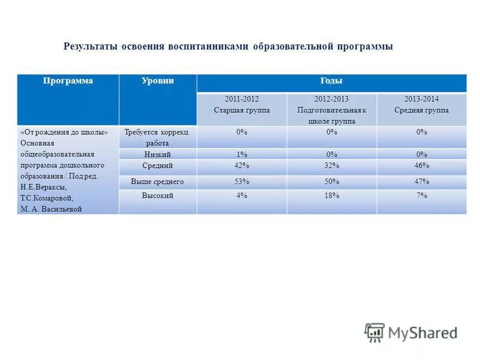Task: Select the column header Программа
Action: pyautogui.click(x=67, y=81)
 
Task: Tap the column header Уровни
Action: pyautogui.click(x=157, y=81)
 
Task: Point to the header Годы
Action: pyautogui.click(x=331, y=81)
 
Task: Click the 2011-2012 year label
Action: pyautogui.click(x=242, y=99)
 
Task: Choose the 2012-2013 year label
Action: pyautogui.click(x=331, y=99)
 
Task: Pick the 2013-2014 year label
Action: pyautogui.click(x=421, y=99)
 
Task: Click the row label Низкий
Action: pyautogui.click(x=157, y=154)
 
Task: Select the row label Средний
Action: pyautogui.click(x=157, y=166)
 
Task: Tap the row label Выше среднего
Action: pyautogui.click(x=157, y=181)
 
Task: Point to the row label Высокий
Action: pyautogui.click(x=157, y=196)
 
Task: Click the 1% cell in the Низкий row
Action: pyautogui.click(x=242, y=154)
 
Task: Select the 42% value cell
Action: pyautogui.click(x=242, y=166)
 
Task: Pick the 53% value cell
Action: pyautogui.click(x=242, y=181)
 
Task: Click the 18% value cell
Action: pyautogui.click(x=331, y=196)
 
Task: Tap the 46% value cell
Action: pyautogui.click(x=421, y=166)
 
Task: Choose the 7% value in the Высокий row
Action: pyautogui.click(x=421, y=196)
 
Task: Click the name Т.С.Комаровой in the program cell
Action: pyautogui.click(x=46, y=198)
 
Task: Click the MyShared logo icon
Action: pyautogui.click(x=374, y=332)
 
